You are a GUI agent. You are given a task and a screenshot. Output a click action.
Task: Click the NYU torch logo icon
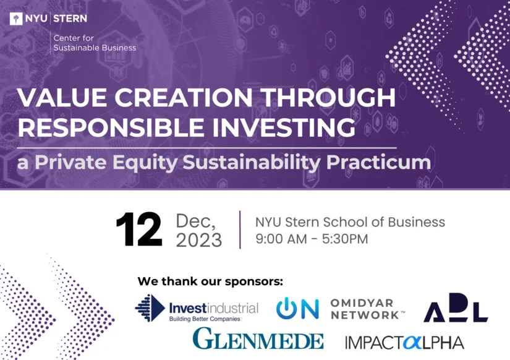click(15, 19)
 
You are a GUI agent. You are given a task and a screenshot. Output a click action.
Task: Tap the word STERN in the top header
click(70, 19)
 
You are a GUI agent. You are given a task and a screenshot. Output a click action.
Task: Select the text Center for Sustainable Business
click(95, 43)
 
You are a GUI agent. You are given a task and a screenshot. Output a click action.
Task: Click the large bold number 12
click(139, 230)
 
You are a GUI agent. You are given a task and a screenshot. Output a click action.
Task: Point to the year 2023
click(199, 240)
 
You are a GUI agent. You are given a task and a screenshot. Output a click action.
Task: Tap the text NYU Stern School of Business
click(350, 221)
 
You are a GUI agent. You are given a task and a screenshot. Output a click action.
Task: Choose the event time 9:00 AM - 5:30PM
click(312, 239)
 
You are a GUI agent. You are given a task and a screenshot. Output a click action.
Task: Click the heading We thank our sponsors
click(210, 281)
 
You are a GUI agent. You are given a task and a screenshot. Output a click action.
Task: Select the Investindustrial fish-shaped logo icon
click(150, 307)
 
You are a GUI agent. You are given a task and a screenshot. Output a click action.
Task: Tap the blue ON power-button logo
click(297, 308)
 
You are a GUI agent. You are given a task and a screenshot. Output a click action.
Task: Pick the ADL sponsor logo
click(456, 308)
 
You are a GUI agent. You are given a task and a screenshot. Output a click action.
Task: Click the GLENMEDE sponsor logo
click(258, 339)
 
